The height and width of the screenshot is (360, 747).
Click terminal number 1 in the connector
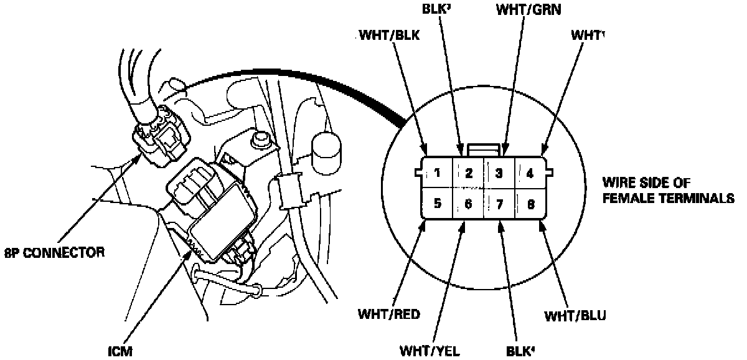pos(438,173)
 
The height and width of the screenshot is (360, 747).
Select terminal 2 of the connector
pos(469,173)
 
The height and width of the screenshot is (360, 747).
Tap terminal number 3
pos(499,173)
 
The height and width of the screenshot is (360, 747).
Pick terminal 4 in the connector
pos(530,173)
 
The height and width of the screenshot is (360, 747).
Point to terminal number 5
pos(438,203)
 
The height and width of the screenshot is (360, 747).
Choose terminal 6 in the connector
pos(469,203)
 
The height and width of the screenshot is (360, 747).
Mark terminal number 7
pos(499,203)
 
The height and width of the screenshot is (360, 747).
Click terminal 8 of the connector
pos(530,203)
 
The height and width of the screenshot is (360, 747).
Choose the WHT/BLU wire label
pos(575,315)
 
